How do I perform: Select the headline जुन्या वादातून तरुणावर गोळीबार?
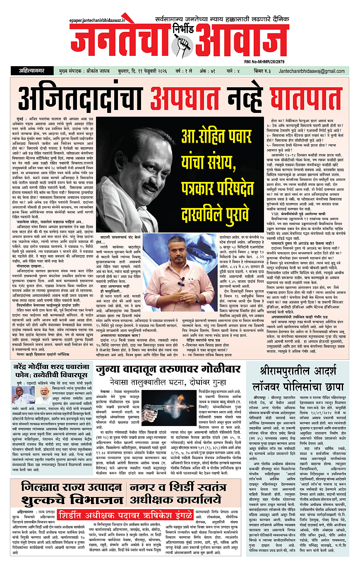[x=170, y=369]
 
